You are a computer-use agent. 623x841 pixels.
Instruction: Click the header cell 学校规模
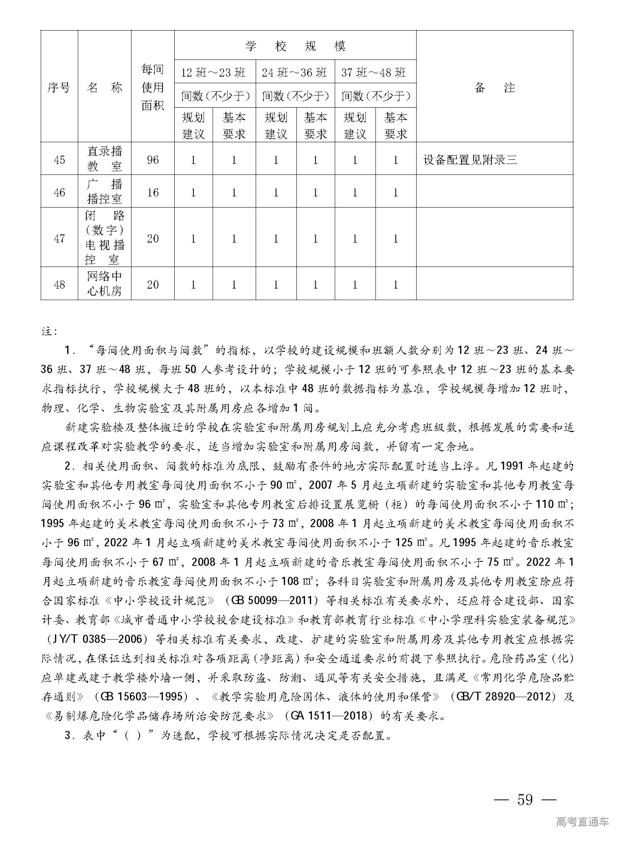(295, 46)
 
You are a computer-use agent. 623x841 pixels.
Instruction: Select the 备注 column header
(494, 88)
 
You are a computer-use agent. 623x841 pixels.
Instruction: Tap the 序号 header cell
(59, 88)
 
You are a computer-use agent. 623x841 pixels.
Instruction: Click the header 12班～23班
(214, 73)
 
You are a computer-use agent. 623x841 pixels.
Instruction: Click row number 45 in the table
(59, 160)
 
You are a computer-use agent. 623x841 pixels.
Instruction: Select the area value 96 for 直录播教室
(153, 160)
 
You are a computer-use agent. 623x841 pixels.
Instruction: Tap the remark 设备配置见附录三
(470, 160)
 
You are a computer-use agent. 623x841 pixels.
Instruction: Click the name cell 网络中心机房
(105, 284)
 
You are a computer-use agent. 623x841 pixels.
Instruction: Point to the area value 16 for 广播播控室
(153, 192)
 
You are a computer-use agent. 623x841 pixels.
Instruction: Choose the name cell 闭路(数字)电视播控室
(105, 237)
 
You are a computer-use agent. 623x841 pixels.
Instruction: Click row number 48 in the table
(59, 284)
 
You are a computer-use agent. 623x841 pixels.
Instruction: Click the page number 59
(525, 800)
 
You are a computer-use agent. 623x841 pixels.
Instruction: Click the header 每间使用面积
(153, 88)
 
